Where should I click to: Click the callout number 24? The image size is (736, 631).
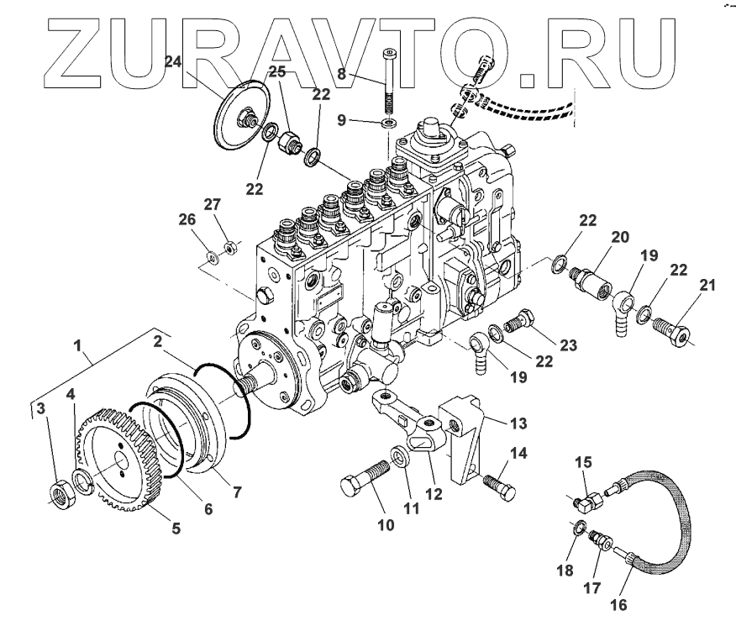coord(173,61)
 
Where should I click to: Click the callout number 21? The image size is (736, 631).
coord(707,287)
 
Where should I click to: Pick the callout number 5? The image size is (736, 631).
coord(176,528)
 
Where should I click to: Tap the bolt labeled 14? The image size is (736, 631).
coord(499,486)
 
